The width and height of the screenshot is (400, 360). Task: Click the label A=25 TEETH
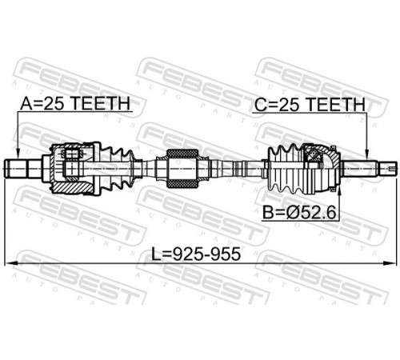(75, 104)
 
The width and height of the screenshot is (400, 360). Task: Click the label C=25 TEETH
(310, 105)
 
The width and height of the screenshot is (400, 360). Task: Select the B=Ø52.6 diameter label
(299, 213)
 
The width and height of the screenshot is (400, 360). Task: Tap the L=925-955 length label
(196, 254)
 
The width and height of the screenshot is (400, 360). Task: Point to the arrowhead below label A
(18, 154)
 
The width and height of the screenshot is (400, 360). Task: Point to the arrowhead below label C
(367, 154)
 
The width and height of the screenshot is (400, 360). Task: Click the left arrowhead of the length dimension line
(10, 263)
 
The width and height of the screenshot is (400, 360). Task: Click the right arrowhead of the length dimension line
(390, 263)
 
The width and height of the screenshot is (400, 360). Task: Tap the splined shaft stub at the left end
(23, 169)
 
